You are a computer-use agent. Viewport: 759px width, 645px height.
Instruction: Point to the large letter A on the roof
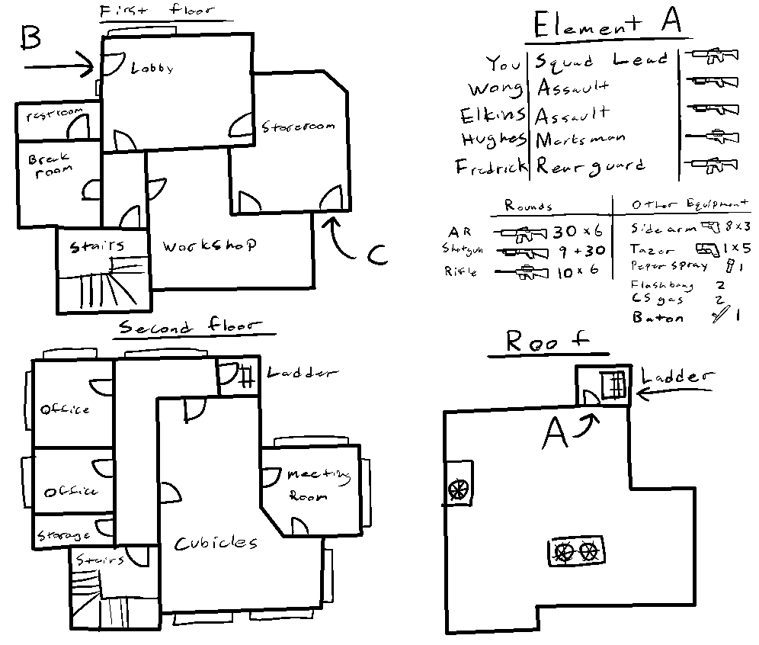(557, 435)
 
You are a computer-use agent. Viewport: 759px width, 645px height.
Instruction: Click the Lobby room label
(152, 68)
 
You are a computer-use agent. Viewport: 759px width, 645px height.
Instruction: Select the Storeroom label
(298, 127)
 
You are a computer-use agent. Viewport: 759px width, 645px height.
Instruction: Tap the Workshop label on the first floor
(208, 246)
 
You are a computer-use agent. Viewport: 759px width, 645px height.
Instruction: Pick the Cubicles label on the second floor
(216, 543)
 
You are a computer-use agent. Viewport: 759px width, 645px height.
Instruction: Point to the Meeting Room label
(317, 485)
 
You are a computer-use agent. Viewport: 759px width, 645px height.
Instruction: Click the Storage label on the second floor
(63, 535)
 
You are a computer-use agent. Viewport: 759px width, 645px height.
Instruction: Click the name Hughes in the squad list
(493, 140)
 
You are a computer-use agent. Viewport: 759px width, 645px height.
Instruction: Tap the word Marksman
(581, 140)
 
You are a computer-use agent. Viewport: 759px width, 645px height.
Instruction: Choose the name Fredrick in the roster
(492, 166)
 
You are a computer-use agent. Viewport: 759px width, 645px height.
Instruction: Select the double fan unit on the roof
(575, 550)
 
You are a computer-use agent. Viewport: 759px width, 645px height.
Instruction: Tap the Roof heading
(558, 343)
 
